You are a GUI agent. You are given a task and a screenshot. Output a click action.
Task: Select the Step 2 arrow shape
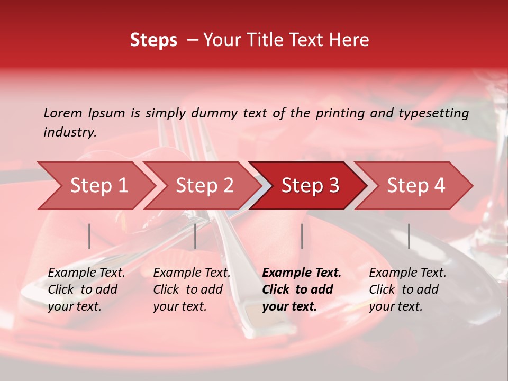click(x=204, y=186)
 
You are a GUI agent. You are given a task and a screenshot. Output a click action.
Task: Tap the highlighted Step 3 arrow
click(x=310, y=186)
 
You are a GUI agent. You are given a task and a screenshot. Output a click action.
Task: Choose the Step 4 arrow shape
click(x=416, y=186)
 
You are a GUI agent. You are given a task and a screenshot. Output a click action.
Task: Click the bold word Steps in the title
click(x=153, y=40)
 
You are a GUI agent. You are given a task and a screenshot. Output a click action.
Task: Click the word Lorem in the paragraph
click(x=63, y=113)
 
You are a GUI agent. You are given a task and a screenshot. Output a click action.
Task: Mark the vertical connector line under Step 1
click(x=89, y=236)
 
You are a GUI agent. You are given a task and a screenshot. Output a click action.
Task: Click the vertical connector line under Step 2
click(x=195, y=236)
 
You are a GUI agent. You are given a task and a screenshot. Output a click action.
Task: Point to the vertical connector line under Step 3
click(x=302, y=236)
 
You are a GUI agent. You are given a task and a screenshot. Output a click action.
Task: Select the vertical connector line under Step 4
click(x=409, y=236)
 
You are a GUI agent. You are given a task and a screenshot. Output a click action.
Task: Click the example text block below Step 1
click(x=86, y=289)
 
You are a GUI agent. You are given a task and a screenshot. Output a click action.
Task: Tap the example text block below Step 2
click(x=192, y=289)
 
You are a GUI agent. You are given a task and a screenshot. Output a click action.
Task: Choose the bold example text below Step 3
click(x=302, y=289)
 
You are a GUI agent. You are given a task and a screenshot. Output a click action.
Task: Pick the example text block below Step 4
click(x=407, y=289)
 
